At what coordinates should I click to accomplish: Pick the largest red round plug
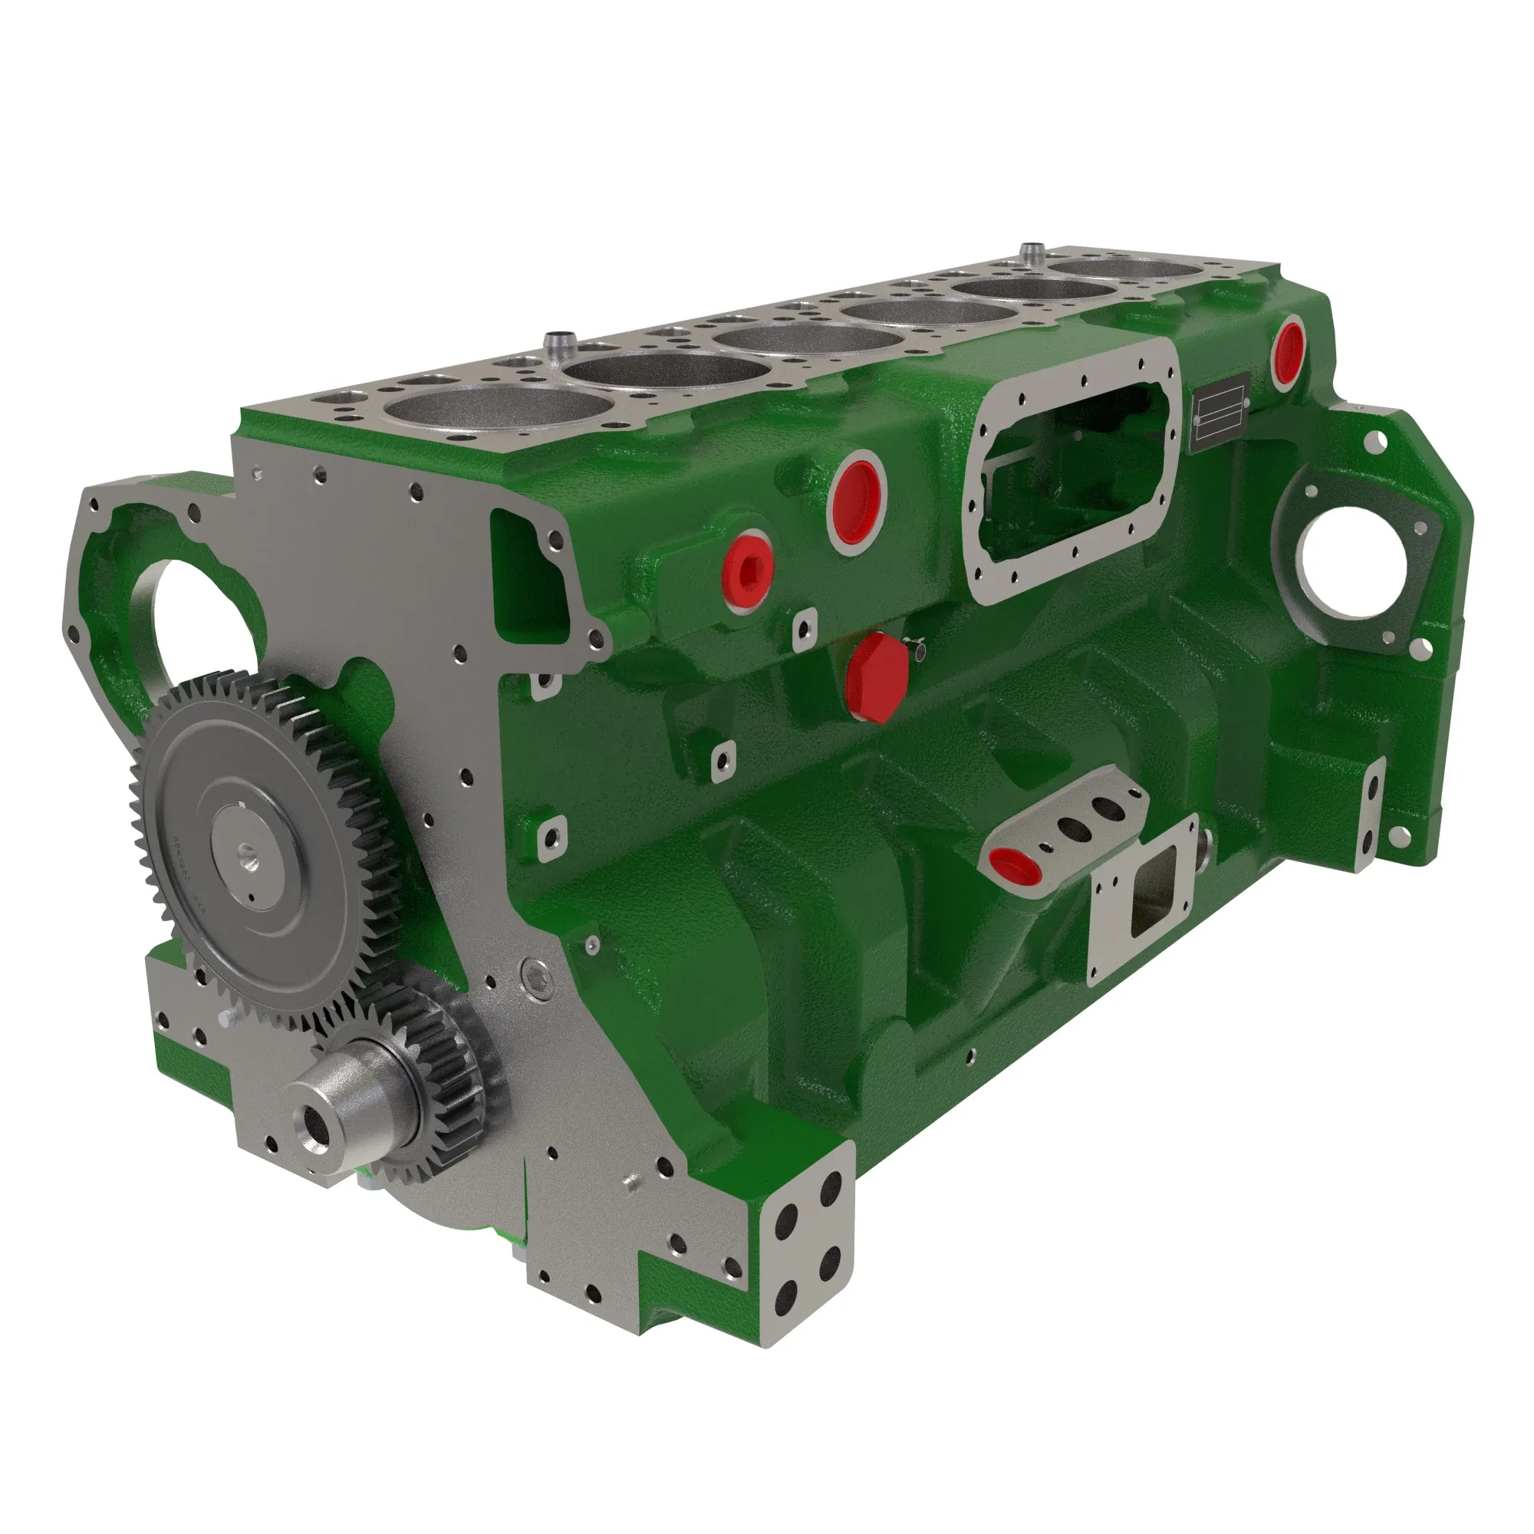(856, 499)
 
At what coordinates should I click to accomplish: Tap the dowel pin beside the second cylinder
(558, 346)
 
